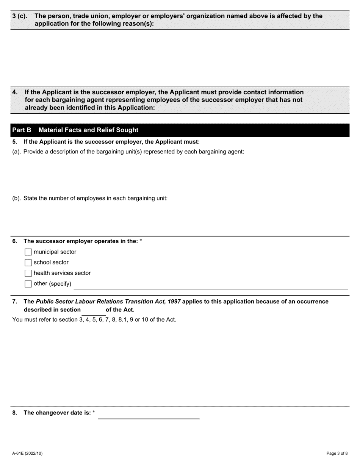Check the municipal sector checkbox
click(x=28, y=252)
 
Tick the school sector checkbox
click(x=28, y=263)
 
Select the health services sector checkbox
click(x=28, y=273)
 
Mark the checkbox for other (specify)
click(x=28, y=284)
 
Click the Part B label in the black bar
click(x=22, y=130)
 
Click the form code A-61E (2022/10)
click(x=27, y=453)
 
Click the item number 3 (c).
click(x=20, y=16)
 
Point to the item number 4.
click(x=15, y=92)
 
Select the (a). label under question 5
click(x=17, y=152)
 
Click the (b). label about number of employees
click(x=17, y=198)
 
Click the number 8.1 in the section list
click(x=122, y=319)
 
